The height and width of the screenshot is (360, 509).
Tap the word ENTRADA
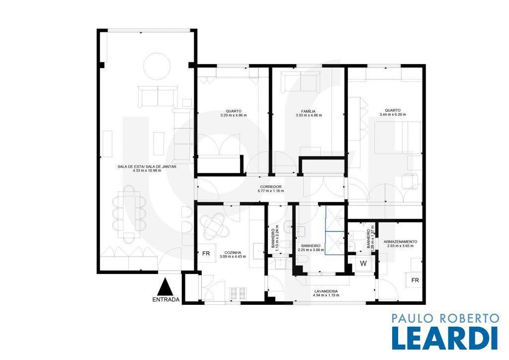tap(166, 300)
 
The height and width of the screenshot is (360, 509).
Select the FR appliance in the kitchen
tap(206, 254)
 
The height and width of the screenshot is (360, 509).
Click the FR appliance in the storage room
tap(415, 280)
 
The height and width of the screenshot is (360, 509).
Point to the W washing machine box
tap(363, 263)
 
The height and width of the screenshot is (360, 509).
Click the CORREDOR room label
tap(271, 186)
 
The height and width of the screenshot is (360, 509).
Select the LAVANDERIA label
tap(326, 291)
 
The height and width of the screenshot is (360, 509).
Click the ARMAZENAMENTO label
tap(400, 242)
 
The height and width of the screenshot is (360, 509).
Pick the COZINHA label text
tap(233, 252)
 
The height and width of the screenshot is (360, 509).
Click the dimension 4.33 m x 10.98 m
tap(147, 171)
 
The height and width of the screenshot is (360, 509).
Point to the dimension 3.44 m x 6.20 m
tap(393, 114)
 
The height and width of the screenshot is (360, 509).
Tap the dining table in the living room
tap(129, 213)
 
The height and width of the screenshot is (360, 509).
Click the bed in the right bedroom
tap(398, 138)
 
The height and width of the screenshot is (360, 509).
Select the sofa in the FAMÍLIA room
tap(301, 82)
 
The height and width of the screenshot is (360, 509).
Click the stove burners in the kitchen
tap(238, 293)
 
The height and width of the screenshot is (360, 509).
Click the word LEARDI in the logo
tap(445, 338)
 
